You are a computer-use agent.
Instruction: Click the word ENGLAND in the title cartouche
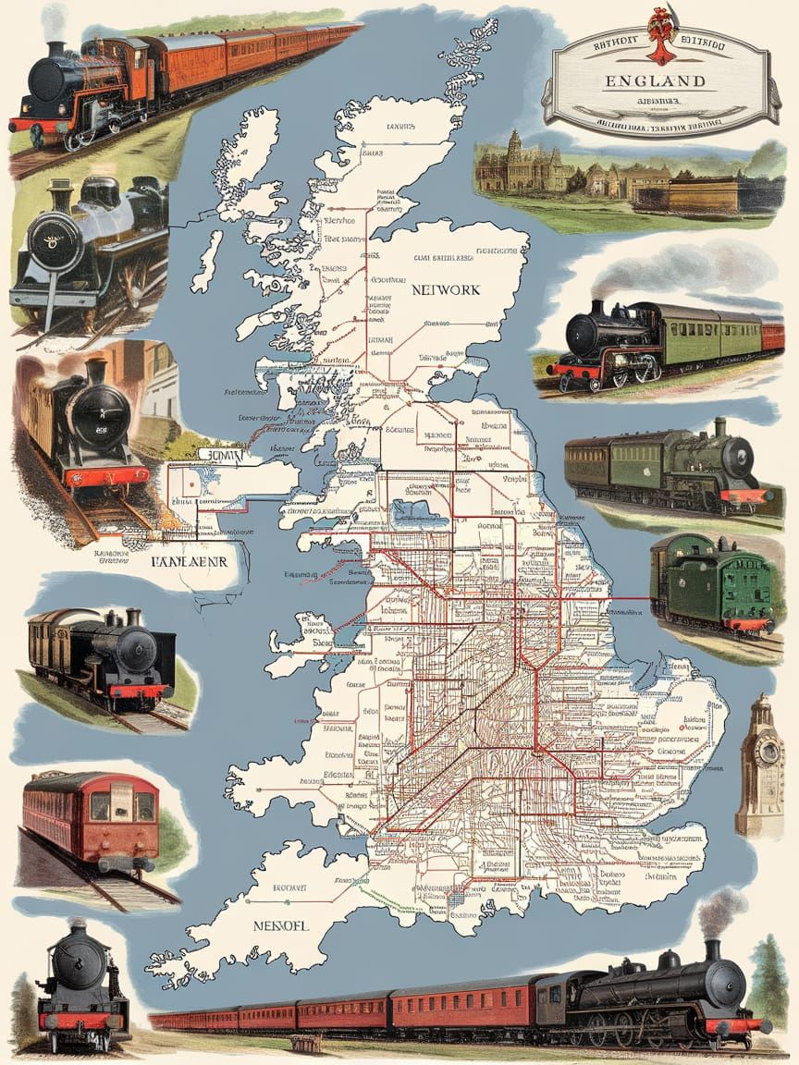(x=655, y=80)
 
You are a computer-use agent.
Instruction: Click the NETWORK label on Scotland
(x=446, y=289)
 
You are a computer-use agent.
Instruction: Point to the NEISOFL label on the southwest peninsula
(x=279, y=924)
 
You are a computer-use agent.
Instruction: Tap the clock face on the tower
(x=767, y=750)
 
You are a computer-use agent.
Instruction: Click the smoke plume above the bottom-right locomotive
(x=719, y=911)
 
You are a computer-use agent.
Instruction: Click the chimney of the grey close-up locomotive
(x=62, y=195)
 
